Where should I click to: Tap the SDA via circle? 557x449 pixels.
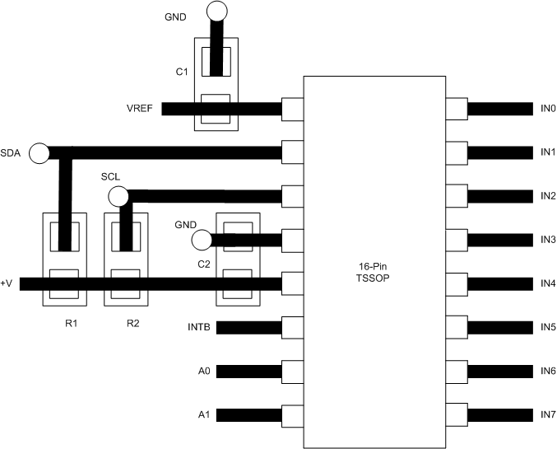pos(38,153)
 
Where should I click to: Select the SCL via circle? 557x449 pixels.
pos(118,196)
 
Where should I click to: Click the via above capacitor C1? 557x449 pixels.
pos(216,11)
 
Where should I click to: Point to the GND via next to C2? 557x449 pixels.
pos(201,241)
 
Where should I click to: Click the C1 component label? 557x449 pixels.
pos(182,72)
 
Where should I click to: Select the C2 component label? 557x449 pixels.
pos(203,264)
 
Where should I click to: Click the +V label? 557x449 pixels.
pos(7,283)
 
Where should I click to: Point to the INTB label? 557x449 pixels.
pos(199,328)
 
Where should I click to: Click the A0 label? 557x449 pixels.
pos(205,372)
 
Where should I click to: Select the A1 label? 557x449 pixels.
pos(205,414)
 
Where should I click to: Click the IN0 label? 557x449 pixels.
pos(548,109)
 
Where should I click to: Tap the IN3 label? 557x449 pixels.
pos(548,240)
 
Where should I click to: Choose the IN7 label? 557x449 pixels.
pos(548,413)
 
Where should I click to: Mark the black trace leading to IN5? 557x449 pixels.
pos(499,327)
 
